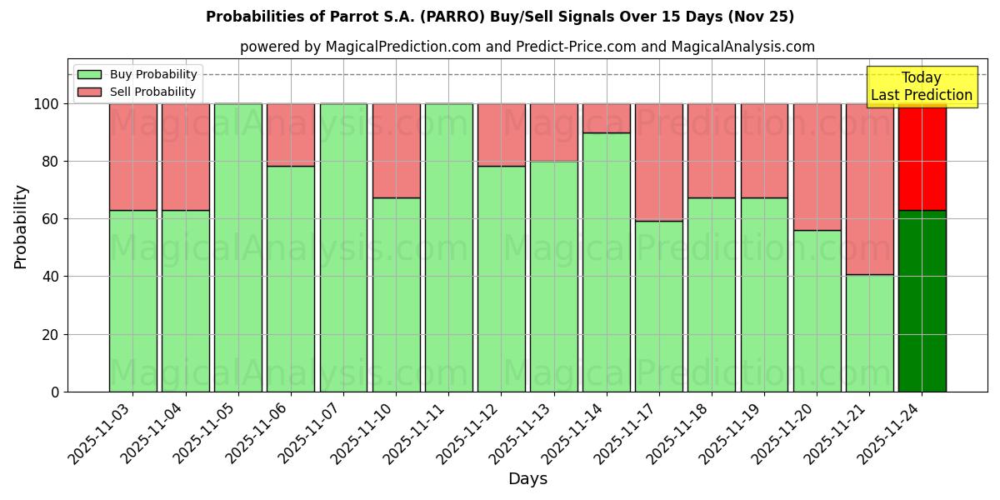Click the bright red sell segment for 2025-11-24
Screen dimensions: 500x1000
click(x=922, y=157)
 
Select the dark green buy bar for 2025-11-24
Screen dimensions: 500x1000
click(x=922, y=301)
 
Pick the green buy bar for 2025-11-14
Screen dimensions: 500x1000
click(x=606, y=262)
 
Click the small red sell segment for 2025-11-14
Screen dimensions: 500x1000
click(x=606, y=118)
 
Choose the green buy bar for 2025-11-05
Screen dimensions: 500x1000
click(x=237, y=247)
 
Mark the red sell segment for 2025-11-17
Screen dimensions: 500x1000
click(x=658, y=162)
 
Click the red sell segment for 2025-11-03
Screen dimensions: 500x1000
click(x=132, y=157)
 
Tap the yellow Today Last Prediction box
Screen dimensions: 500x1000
click(x=922, y=87)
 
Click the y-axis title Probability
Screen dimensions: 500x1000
click(x=21, y=226)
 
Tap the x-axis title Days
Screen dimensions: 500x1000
click(x=527, y=479)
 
